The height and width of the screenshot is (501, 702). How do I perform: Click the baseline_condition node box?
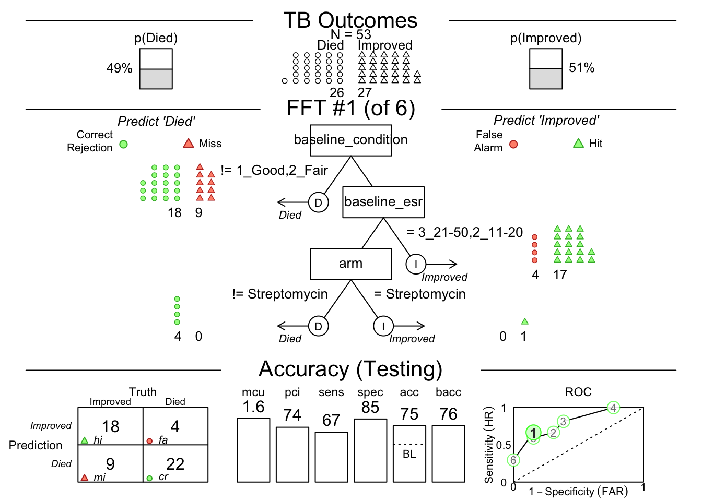coord(350,140)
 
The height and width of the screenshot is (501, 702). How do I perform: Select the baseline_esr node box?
coord(383,202)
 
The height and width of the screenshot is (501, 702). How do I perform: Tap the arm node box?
coord(350,264)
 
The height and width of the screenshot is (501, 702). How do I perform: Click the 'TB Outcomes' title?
coord(350,21)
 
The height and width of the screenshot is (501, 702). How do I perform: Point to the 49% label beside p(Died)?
coord(119,68)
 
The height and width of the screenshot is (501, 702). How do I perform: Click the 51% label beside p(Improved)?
coord(581,68)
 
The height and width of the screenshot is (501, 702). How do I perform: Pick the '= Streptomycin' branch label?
coord(419,294)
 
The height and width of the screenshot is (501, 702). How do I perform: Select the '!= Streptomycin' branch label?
coord(280,294)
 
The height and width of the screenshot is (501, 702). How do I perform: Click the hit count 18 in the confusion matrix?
coord(111,426)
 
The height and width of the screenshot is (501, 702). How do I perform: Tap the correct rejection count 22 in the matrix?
coord(175,464)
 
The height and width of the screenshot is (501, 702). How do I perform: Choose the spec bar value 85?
coord(370,408)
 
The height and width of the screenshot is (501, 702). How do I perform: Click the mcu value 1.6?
coord(253,407)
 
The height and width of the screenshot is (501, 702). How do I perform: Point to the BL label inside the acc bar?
coord(409,454)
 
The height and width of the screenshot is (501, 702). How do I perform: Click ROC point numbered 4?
coord(613,408)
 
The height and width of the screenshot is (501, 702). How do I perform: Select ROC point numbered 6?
coord(513,460)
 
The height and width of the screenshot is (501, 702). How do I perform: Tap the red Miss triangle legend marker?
coord(189,143)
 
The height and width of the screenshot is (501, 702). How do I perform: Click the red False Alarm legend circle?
coord(513,144)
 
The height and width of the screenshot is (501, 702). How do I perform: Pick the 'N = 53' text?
coord(350,34)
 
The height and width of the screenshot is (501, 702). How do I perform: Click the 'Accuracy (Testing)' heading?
coord(350,369)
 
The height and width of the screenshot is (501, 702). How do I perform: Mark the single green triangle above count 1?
coord(524,321)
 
